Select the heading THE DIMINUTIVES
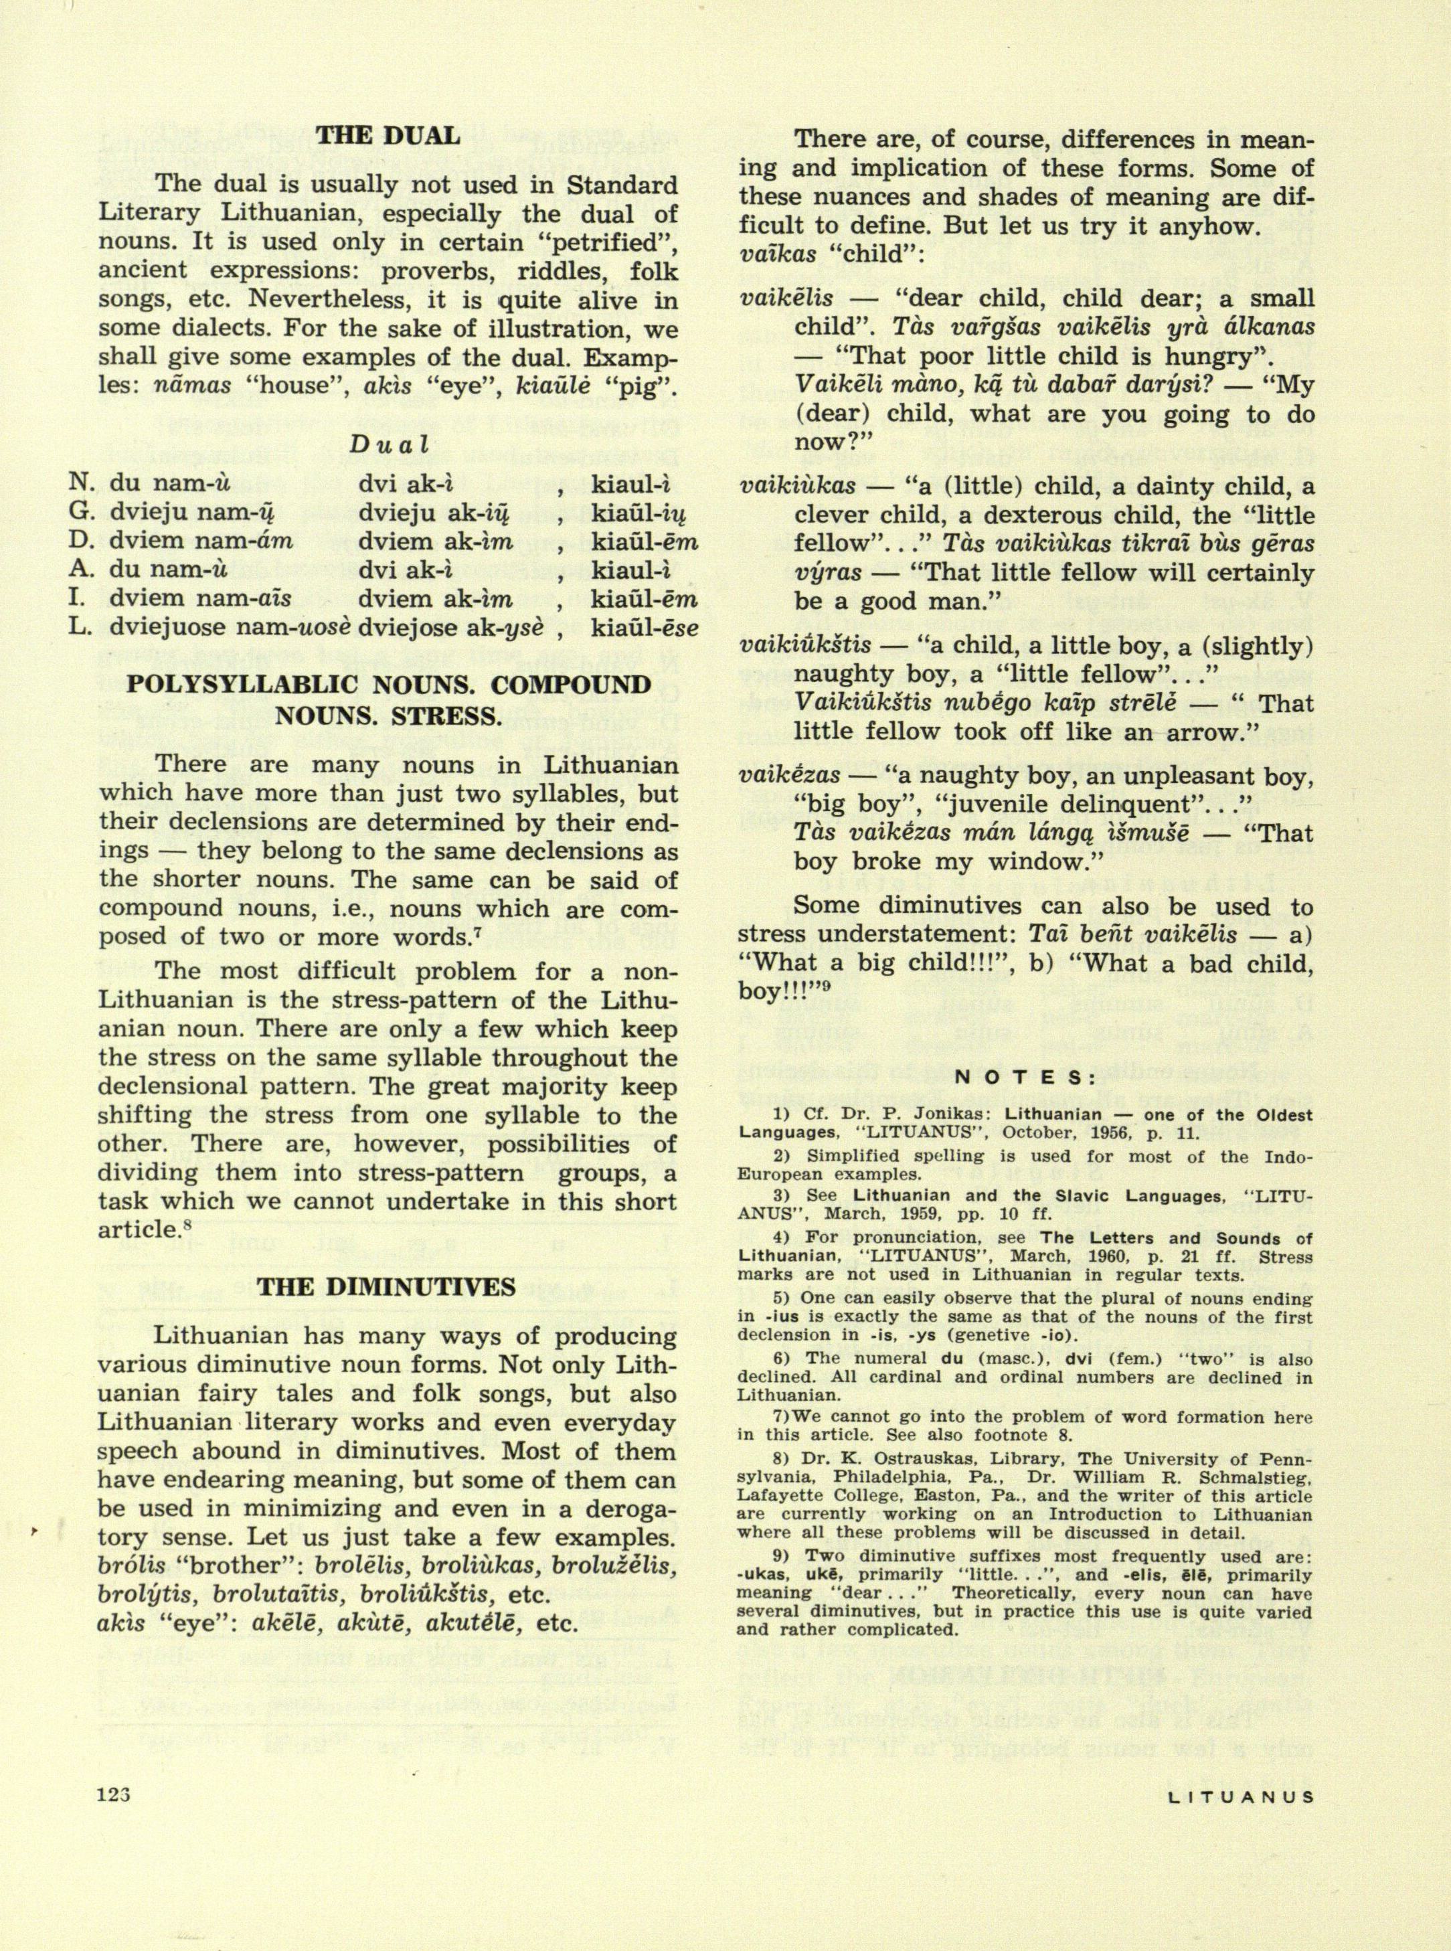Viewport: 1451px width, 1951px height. pos(386,1287)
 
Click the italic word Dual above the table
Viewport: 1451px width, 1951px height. pos(388,444)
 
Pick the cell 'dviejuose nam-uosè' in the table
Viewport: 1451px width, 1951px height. pos(230,627)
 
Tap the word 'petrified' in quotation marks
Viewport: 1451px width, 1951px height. pos(602,242)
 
